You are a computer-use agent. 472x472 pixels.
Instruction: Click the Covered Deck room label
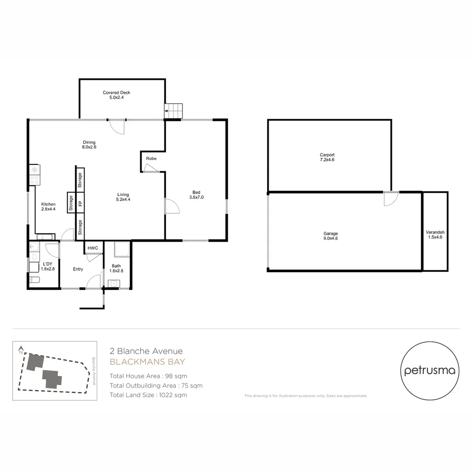click(x=116, y=95)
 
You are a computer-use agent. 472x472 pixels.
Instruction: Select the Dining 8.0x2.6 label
click(x=89, y=145)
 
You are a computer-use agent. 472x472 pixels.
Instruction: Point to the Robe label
click(x=151, y=158)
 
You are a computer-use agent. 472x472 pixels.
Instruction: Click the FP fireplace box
click(x=80, y=203)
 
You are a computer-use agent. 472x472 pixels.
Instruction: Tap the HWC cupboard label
click(x=93, y=248)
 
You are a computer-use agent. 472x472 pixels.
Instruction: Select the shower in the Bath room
click(x=121, y=250)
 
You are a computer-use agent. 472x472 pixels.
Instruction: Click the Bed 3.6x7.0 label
click(x=196, y=195)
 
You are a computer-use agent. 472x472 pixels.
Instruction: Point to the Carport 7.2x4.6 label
click(x=327, y=157)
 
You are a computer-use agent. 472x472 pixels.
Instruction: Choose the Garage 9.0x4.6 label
click(x=330, y=236)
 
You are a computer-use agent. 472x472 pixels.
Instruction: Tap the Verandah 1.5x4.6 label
click(x=435, y=235)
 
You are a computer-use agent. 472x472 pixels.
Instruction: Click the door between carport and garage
click(x=391, y=198)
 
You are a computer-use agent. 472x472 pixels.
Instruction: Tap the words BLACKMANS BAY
click(x=147, y=362)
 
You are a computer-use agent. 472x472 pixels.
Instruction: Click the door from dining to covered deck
click(x=117, y=126)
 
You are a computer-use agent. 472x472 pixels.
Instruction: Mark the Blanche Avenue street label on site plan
click(x=94, y=371)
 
